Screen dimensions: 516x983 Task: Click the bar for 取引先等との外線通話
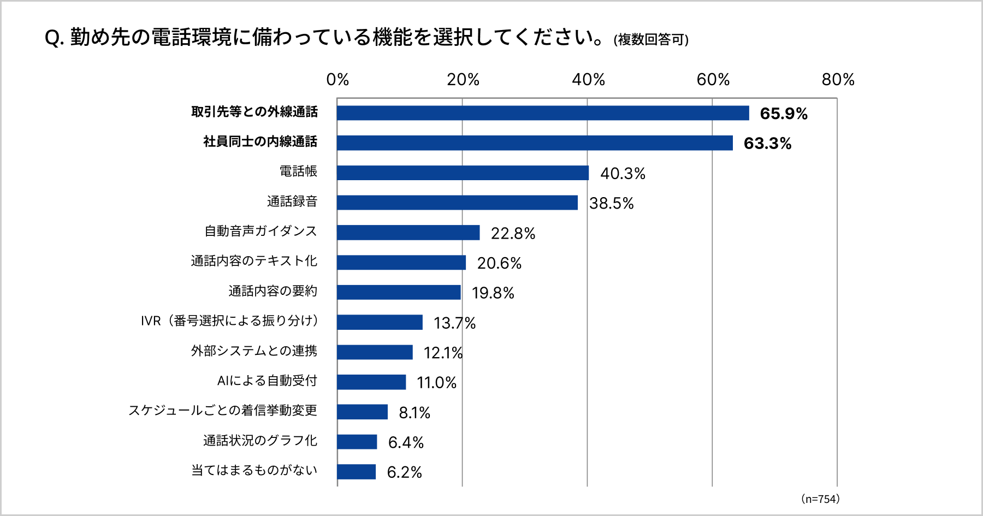point(543,113)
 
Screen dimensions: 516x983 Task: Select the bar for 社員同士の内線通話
point(535,143)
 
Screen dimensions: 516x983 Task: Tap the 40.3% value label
point(623,174)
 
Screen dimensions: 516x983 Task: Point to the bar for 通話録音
point(457,203)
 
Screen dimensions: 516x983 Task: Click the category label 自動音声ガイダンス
point(260,232)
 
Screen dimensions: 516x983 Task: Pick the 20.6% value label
point(499,263)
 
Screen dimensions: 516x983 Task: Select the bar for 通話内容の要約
point(399,293)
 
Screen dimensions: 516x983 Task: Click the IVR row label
point(229,321)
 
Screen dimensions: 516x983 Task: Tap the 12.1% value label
point(443,353)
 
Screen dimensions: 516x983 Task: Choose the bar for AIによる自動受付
point(371,382)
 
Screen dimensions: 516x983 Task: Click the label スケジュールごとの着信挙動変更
point(222,411)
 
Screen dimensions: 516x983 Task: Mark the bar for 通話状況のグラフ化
point(357,442)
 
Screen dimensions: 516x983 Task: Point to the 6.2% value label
point(404,472)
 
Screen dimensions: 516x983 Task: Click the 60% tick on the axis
point(713,80)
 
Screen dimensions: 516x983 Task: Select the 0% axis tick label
point(337,80)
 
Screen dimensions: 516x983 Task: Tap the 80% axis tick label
point(838,80)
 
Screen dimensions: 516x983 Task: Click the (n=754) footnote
point(820,499)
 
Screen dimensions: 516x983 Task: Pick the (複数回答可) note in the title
point(650,40)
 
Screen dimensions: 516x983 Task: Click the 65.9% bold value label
point(783,114)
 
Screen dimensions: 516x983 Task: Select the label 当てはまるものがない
point(254,471)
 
